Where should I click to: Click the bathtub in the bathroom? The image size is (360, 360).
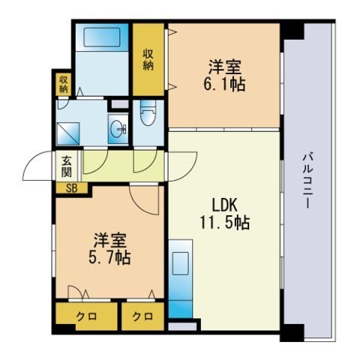pos(102,37)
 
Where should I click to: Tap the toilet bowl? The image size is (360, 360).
pos(148,113)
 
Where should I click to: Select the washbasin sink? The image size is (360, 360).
pos(118,129)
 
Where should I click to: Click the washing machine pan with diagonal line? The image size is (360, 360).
pos(68,133)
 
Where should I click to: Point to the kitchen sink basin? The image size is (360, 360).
pos(180,263)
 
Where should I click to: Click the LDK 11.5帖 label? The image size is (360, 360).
pos(224,214)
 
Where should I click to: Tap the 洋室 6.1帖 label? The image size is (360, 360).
pos(224,76)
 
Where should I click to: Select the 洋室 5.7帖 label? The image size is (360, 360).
pos(109,248)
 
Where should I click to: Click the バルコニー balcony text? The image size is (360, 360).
pos(308,181)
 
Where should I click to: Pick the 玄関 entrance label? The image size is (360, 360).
pos(67,166)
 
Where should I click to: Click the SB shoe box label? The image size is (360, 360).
pos(72,188)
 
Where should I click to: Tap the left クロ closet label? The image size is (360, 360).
pos(86,316)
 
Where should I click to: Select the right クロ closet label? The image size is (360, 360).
pos(142,316)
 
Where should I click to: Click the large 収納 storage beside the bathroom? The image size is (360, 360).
pos(148,60)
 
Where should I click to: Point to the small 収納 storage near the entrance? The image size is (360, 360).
pos(64,84)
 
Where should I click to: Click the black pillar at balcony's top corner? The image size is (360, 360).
pos(292,31)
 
